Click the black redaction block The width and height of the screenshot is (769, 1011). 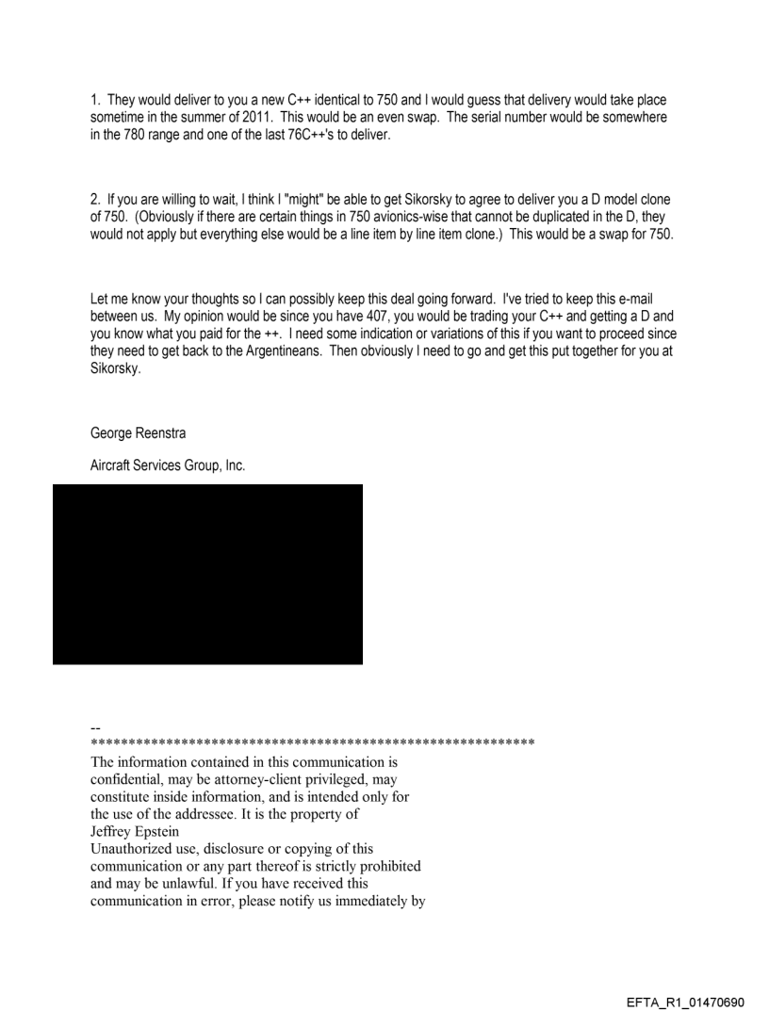(207, 574)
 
